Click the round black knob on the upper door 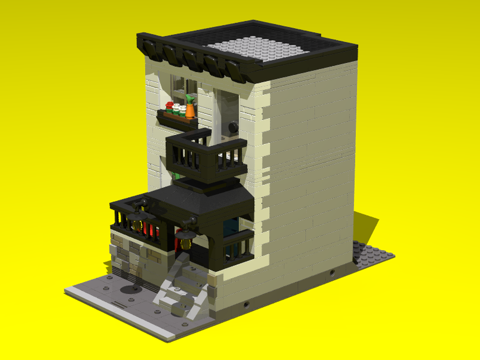[x=233, y=127]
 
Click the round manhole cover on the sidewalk [x=128, y=289]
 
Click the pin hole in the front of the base [x=247, y=304]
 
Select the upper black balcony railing [x=206, y=156]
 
